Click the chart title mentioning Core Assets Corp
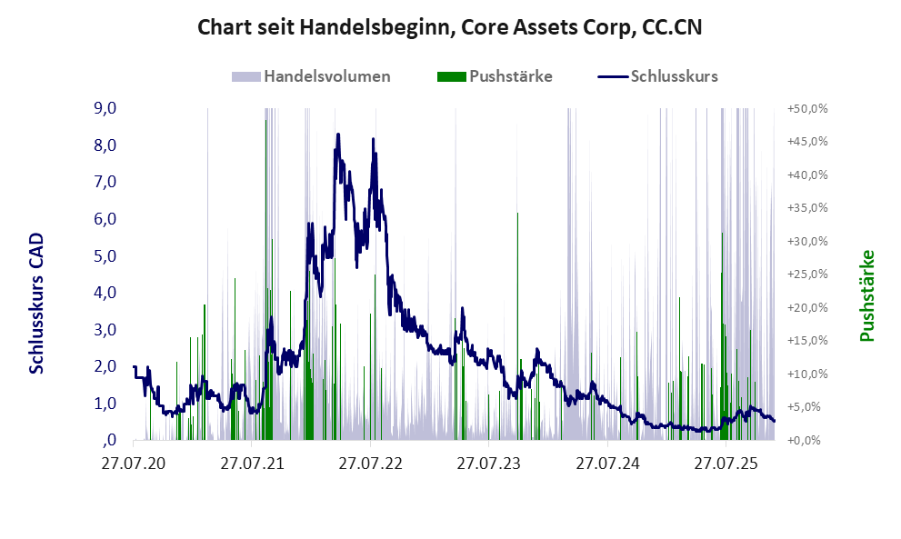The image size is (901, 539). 449,28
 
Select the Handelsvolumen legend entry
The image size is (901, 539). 326,76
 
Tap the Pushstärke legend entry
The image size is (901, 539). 510,76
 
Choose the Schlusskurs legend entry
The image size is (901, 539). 674,76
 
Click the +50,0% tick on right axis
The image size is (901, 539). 806,109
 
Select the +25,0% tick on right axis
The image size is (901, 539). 806,274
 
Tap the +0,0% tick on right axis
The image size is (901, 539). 806,441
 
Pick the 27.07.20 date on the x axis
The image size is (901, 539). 134,464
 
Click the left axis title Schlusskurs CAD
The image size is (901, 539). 37,303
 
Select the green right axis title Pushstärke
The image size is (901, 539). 866,295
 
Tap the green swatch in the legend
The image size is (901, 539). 451,76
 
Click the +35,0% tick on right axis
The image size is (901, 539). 806,208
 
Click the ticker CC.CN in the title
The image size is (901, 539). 668,28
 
